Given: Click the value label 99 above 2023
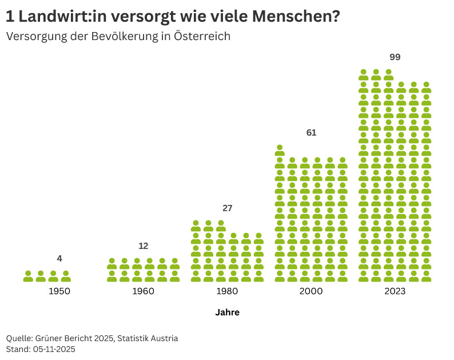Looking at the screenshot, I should (x=395, y=57).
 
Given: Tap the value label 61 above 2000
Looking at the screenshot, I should (x=311, y=133).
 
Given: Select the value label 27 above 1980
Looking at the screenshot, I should (x=228, y=208).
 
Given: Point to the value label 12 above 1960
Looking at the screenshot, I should (x=144, y=246).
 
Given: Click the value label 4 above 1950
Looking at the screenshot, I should (x=59, y=259).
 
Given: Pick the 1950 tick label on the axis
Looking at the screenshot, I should (x=59, y=291).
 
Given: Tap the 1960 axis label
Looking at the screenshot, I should (x=144, y=291).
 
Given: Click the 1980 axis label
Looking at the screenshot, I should (x=228, y=291).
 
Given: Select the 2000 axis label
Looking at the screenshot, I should (x=311, y=291).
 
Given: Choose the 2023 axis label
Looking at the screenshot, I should (x=395, y=291).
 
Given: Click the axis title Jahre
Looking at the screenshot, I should (x=227, y=312).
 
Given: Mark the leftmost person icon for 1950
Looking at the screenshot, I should (x=28, y=276).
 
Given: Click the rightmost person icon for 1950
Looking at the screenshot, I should (x=66, y=276).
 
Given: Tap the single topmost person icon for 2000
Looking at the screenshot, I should (x=280, y=151).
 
